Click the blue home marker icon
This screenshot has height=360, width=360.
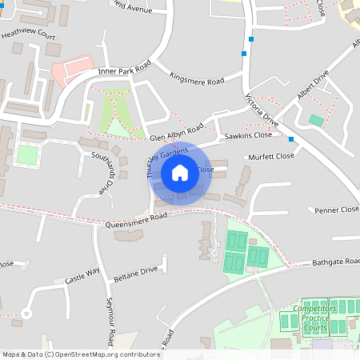pyautogui.click(x=180, y=172)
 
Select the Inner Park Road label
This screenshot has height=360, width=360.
pyautogui.click(x=124, y=71)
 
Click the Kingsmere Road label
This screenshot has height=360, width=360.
pyautogui.click(x=197, y=78)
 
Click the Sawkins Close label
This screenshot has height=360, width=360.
pyautogui.click(x=244, y=137)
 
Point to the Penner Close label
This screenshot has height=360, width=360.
pyautogui.click(x=337, y=210)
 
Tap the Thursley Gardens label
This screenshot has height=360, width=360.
pyautogui.click(x=156, y=162)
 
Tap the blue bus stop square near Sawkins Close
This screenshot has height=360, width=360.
pyautogui.click(x=291, y=139)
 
